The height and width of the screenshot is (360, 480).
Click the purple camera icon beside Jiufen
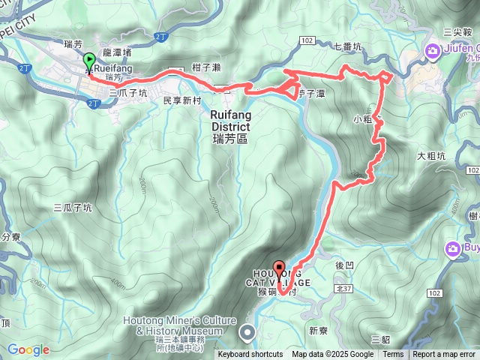(433, 51)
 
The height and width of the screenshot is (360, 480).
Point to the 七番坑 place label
(347, 47)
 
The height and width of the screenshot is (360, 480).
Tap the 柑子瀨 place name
(205, 67)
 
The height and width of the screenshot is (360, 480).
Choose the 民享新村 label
(183, 100)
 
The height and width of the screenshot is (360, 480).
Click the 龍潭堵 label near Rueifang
(116, 53)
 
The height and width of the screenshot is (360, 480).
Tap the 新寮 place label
(318, 309)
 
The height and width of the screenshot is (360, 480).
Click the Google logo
(28, 349)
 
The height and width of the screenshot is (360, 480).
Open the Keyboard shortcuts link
(250, 355)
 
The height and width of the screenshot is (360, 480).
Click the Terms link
(393, 355)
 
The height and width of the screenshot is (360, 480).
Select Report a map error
(444, 355)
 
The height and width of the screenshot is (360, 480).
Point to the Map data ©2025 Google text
(332, 355)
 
